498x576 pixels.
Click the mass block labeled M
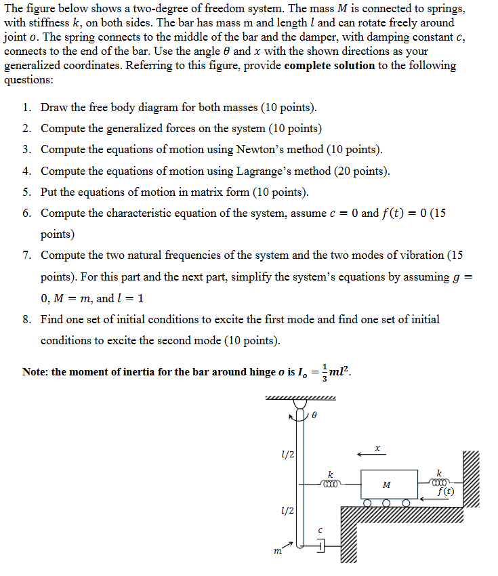click(x=386, y=485)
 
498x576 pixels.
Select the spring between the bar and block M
click(x=331, y=484)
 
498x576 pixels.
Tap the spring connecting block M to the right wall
click(x=440, y=483)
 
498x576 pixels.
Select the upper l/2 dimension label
click(x=287, y=453)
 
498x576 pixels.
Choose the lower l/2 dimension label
click(x=287, y=510)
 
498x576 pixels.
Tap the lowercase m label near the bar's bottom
click(x=276, y=554)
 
